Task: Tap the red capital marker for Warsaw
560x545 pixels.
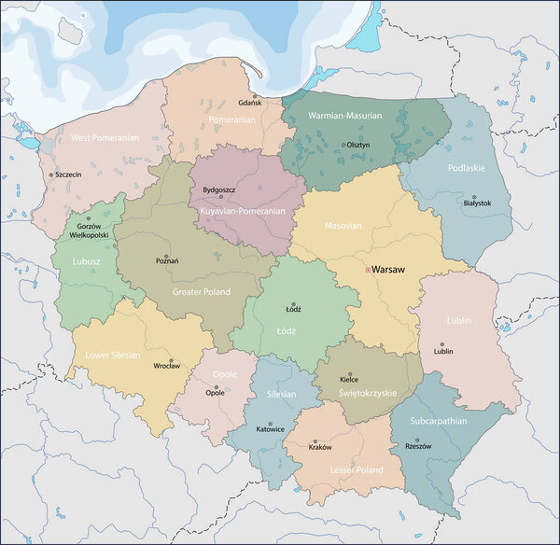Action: click(x=368, y=269)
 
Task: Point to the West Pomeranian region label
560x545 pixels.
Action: click(x=104, y=137)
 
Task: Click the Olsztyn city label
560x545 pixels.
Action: click(x=358, y=145)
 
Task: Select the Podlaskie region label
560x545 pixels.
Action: click(x=467, y=168)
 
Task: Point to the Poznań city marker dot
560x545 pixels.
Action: click(x=167, y=257)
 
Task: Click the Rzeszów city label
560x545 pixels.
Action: click(x=417, y=446)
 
